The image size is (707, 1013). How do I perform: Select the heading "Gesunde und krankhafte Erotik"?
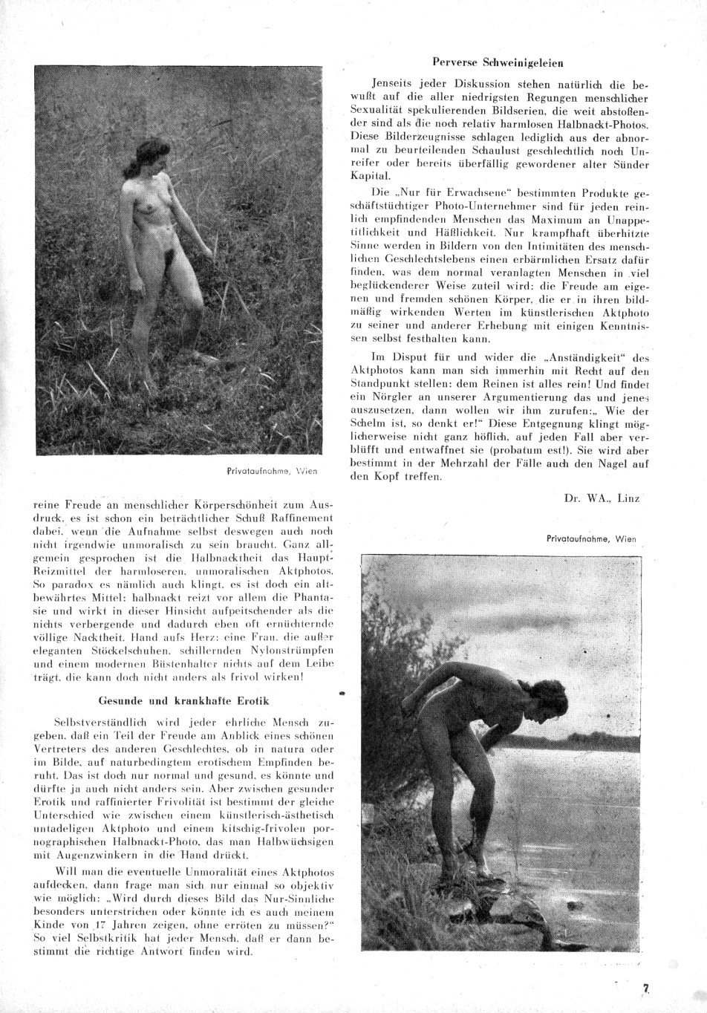(183, 700)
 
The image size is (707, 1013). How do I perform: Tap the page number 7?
(646, 988)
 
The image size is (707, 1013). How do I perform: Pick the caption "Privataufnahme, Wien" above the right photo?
(590, 540)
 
